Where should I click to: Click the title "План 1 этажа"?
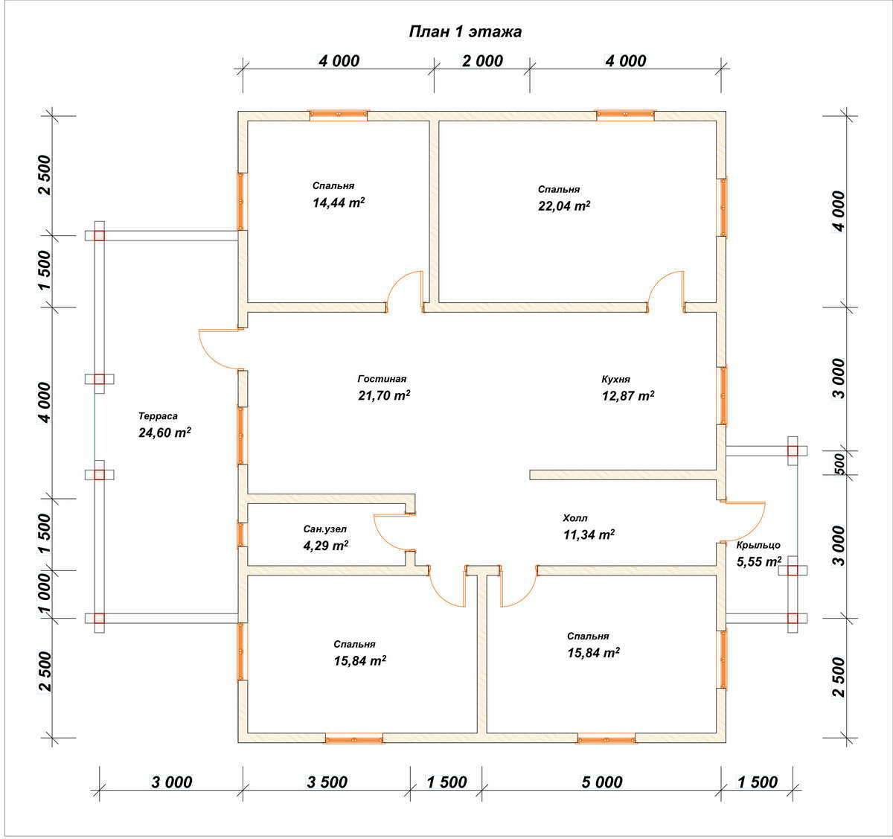465,31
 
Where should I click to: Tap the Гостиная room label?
382,379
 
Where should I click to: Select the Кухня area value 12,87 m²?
628,396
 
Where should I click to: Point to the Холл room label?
575,518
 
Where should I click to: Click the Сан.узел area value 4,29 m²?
326,546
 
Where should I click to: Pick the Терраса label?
158,416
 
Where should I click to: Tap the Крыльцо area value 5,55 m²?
759,561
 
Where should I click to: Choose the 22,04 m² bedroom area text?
564,206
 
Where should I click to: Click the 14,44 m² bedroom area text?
339,203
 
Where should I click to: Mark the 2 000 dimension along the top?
482,61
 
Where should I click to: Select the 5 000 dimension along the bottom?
601,782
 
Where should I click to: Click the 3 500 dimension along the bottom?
327,782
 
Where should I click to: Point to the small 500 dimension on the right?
839,463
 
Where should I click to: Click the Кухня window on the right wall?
722,396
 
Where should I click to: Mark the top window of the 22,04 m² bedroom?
625,115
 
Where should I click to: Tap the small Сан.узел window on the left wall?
242,535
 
